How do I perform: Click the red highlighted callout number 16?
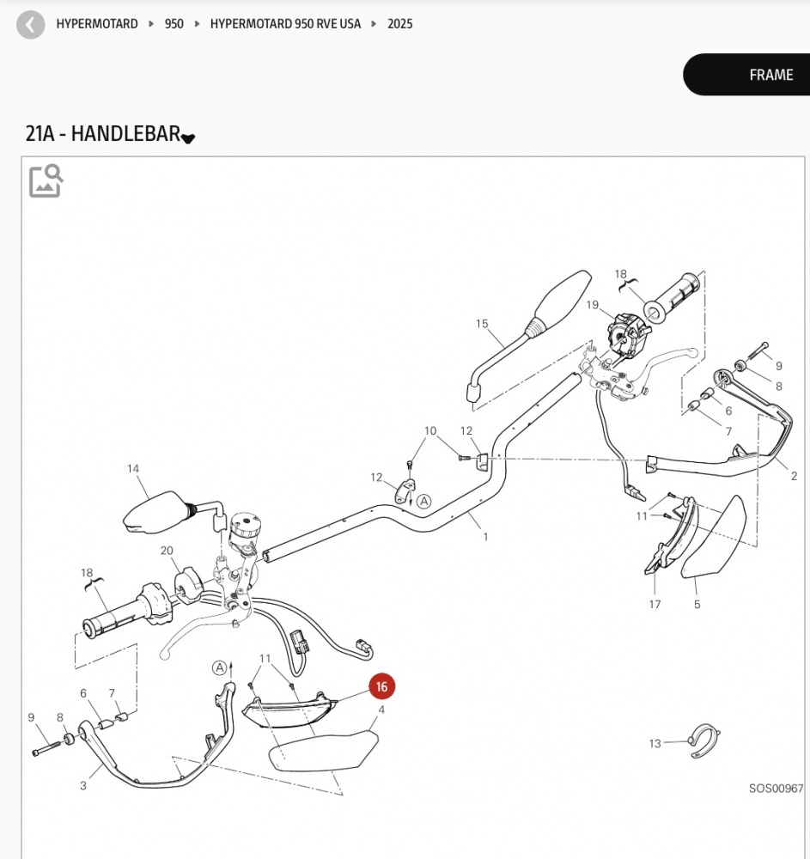click(381, 687)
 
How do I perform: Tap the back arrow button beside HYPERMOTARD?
click(31, 25)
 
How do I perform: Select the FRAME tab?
click(770, 75)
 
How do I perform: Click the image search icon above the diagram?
click(46, 180)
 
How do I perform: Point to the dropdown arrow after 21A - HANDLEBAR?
click(188, 138)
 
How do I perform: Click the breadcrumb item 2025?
click(399, 24)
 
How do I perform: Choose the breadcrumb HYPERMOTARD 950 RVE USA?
click(285, 24)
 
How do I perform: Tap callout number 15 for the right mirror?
click(482, 324)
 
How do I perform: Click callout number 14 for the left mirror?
click(133, 469)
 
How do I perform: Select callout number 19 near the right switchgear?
click(593, 305)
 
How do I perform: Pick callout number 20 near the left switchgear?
click(167, 551)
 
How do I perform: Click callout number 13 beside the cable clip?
click(655, 744)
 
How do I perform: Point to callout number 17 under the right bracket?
click(655, 605)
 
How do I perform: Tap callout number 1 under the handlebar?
click(485, 538)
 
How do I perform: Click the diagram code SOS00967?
click(775, 788)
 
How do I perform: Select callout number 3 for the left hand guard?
click(83, 786)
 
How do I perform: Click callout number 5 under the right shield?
click(697, 605)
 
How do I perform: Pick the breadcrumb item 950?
click(174, 24)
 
